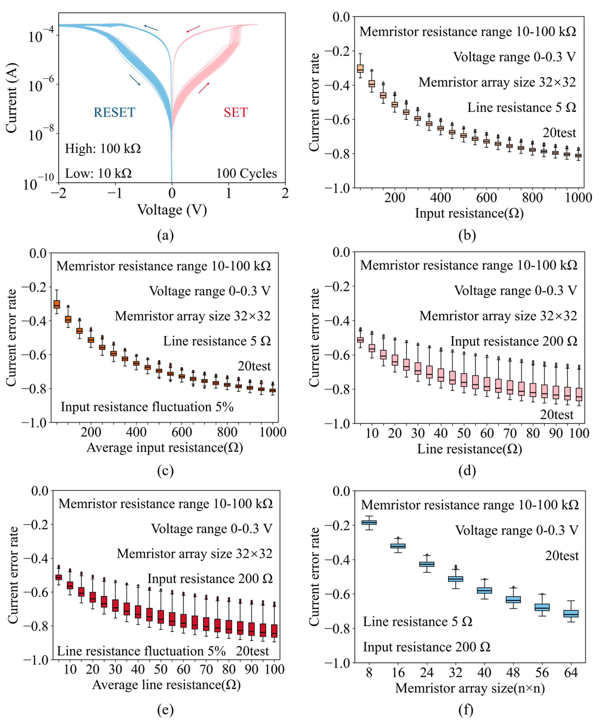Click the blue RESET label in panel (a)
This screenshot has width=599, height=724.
[114, 112]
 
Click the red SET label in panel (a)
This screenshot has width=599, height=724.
[236, 112]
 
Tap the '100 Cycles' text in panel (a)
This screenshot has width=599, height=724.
[246, 173]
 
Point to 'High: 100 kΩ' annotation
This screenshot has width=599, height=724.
[103, 149]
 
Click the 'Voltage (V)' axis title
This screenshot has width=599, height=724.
[172, 210]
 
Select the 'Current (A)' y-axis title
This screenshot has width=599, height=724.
[11, 98]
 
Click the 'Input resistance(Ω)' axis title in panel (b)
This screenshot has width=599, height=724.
[469, 213]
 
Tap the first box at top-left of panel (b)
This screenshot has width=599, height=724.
[360, 69]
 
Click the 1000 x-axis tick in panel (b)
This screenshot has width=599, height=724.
[579, 198]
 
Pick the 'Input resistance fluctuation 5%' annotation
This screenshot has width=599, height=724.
[147, 407]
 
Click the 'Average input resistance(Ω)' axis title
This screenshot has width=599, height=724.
[165, 448]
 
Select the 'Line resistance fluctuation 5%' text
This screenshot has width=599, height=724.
[141, 651]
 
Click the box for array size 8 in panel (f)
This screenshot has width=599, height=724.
[369, 522]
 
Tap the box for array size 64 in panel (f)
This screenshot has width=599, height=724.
[571, 613]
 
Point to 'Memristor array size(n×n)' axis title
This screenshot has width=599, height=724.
[470, 688]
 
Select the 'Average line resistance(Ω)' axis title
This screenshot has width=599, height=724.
[166, 685]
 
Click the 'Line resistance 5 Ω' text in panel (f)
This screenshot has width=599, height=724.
[417, 622]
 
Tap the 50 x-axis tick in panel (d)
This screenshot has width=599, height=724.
[464, 433]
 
